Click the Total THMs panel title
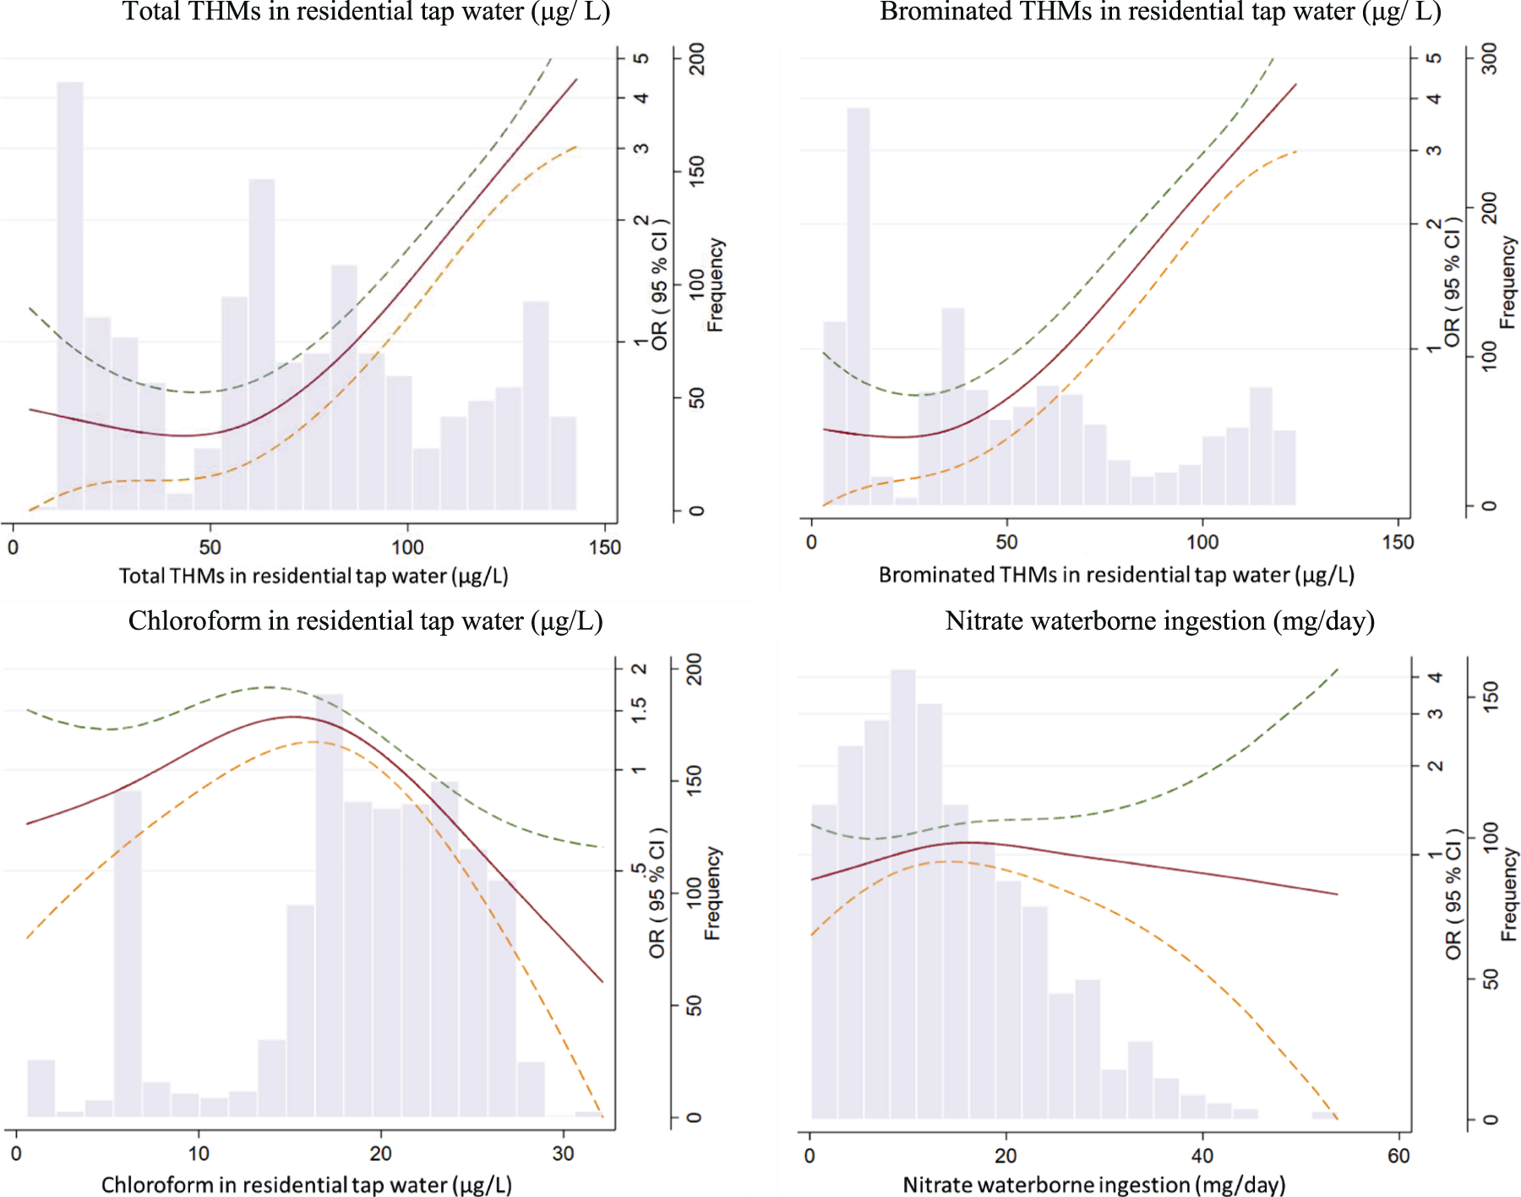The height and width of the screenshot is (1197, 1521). pyautogui.click(x=366, y=12)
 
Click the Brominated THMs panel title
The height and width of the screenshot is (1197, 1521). pyautogui.click(x=1160, y=12)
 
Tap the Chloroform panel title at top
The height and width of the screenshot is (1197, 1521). pyautogui.click(x=365, y=621)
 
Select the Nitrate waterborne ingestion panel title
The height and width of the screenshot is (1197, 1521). pyautogui.click(x=1159, y=621)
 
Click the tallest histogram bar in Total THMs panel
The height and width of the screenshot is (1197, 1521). pyautogui.click(x=70, y=296)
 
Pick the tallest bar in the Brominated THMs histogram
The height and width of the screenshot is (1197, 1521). pyautogui.click(x=858, y=304)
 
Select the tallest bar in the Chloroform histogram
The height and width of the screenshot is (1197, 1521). pyautogui.click(x=330, y=905)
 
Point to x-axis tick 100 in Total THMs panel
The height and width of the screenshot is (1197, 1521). pyautogui.click(x=407, y=548)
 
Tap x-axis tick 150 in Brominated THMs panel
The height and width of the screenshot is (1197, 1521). pyautogui.click(x=1398, y=543)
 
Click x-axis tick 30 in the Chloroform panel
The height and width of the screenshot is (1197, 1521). pyautogui.click(x=563, y=1154)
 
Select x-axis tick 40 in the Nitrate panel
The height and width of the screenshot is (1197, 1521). pyautogui.click(x=1202, y=1156)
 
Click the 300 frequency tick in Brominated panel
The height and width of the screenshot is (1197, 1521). pyautogui.click(x=1490, y=59)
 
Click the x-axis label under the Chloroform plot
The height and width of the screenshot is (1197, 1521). pyautogui.click(x=306, y=1185)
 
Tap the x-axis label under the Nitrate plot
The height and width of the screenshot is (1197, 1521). pyautogui.click(x=1093, y=1185)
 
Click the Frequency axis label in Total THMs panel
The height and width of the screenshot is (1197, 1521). pyautogui.click(x=716, y=285)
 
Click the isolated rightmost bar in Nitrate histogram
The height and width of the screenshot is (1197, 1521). pyautogui.click(x=1323, y=1116)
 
